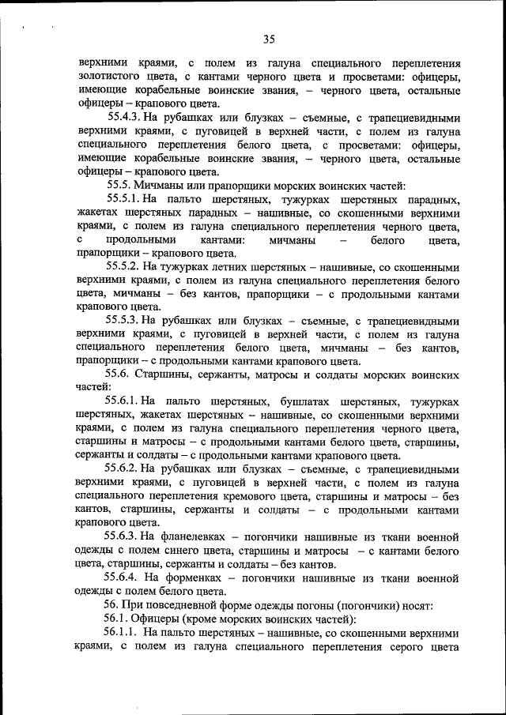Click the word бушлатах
click(304, 402)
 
